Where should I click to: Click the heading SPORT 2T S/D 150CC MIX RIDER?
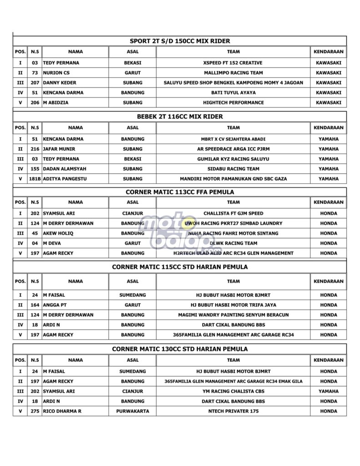pos(180,41)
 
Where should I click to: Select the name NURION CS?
pos(56,73)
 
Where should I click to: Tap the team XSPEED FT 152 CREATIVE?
pos(233,63)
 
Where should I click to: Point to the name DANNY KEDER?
pos(60,83)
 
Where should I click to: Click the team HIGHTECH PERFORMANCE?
pos(233,103)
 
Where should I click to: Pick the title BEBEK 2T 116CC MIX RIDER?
pos(180,116)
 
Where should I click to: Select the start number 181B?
pos(35,179)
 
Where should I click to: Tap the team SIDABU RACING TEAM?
pos(233,169)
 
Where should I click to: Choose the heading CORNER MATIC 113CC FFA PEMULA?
pos(180,192)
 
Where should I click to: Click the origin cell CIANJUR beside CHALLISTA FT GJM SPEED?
pos(132,213)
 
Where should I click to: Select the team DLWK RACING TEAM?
pos(233,243)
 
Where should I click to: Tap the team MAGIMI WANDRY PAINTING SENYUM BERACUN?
pos(233,315)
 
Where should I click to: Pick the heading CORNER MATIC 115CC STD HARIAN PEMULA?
pos(180,267)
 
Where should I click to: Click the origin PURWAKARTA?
pos(132,411)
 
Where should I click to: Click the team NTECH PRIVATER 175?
pos(233,411)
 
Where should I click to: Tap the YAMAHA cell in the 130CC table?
pos(328,391)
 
